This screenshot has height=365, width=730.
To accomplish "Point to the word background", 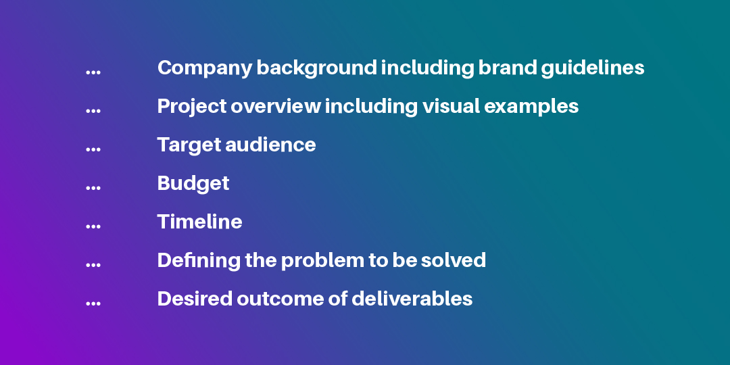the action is point(316,68).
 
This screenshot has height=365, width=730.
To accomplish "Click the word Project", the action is point(192,107).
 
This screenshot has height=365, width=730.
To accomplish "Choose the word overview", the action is point(276,107).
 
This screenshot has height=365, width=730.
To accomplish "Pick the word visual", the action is point(451,106).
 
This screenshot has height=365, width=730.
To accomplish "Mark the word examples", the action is point(532,107).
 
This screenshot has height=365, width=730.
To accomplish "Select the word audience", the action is point(270,145).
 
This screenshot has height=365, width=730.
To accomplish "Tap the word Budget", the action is point(193,184).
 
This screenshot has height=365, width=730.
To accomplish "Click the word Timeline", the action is point(199,222).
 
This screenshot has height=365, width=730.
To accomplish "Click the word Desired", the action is point(195,299).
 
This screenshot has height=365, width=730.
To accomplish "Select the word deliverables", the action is point(412,299).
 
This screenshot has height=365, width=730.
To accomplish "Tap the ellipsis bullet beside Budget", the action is point(93,188).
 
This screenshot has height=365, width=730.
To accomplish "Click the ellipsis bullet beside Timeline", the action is point(93,226).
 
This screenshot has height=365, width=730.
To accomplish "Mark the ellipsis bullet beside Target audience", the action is point(93,149).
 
